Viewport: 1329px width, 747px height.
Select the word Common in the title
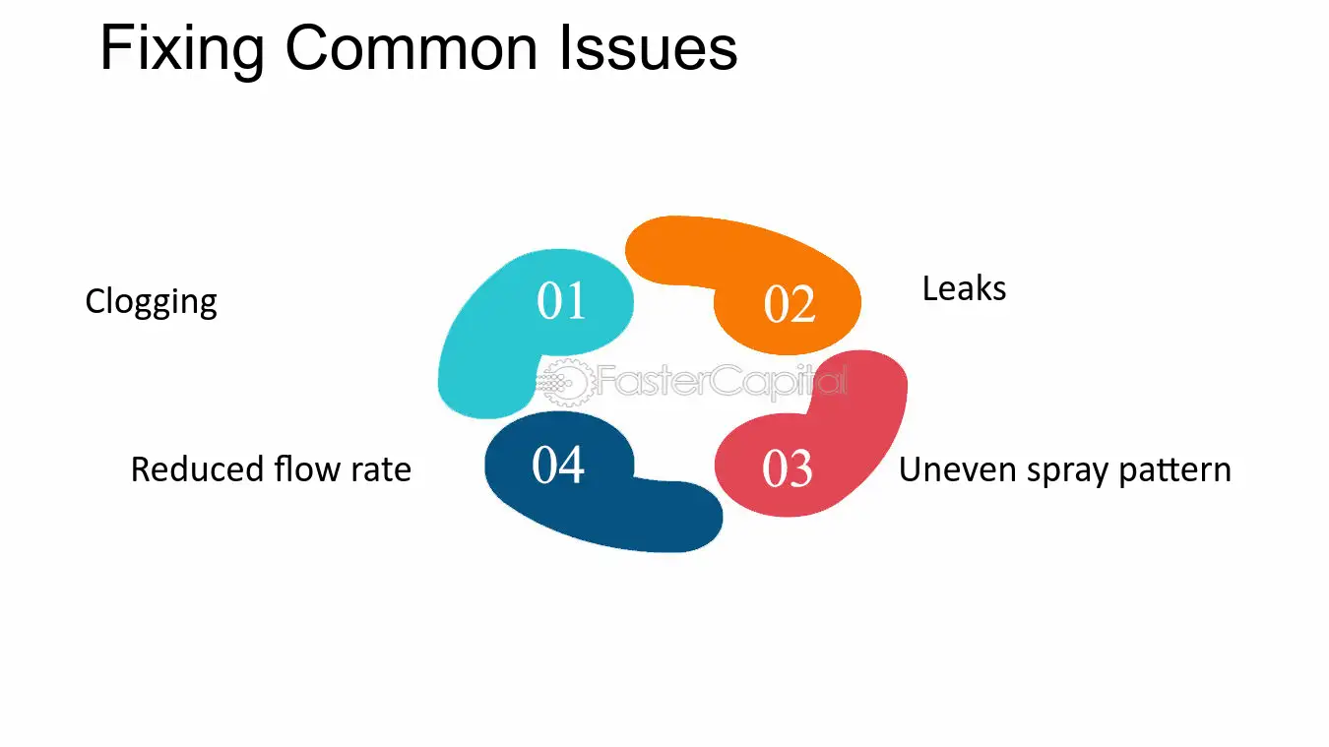click(x=411, y=47)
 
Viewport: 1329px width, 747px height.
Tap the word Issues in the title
click(x=648, y=47)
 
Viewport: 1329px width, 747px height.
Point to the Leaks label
click(x=964, y=289)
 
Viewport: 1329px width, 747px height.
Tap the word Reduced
click(x=197, y=469)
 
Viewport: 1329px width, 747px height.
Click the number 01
click(x=561, y=301)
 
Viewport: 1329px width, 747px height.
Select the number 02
click(x=790, y=304)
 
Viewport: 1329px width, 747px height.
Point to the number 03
click(x=787, y=468)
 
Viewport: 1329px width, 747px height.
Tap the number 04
click(x=558, y=466)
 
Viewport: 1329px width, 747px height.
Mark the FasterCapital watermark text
click(x=722, y=381)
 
